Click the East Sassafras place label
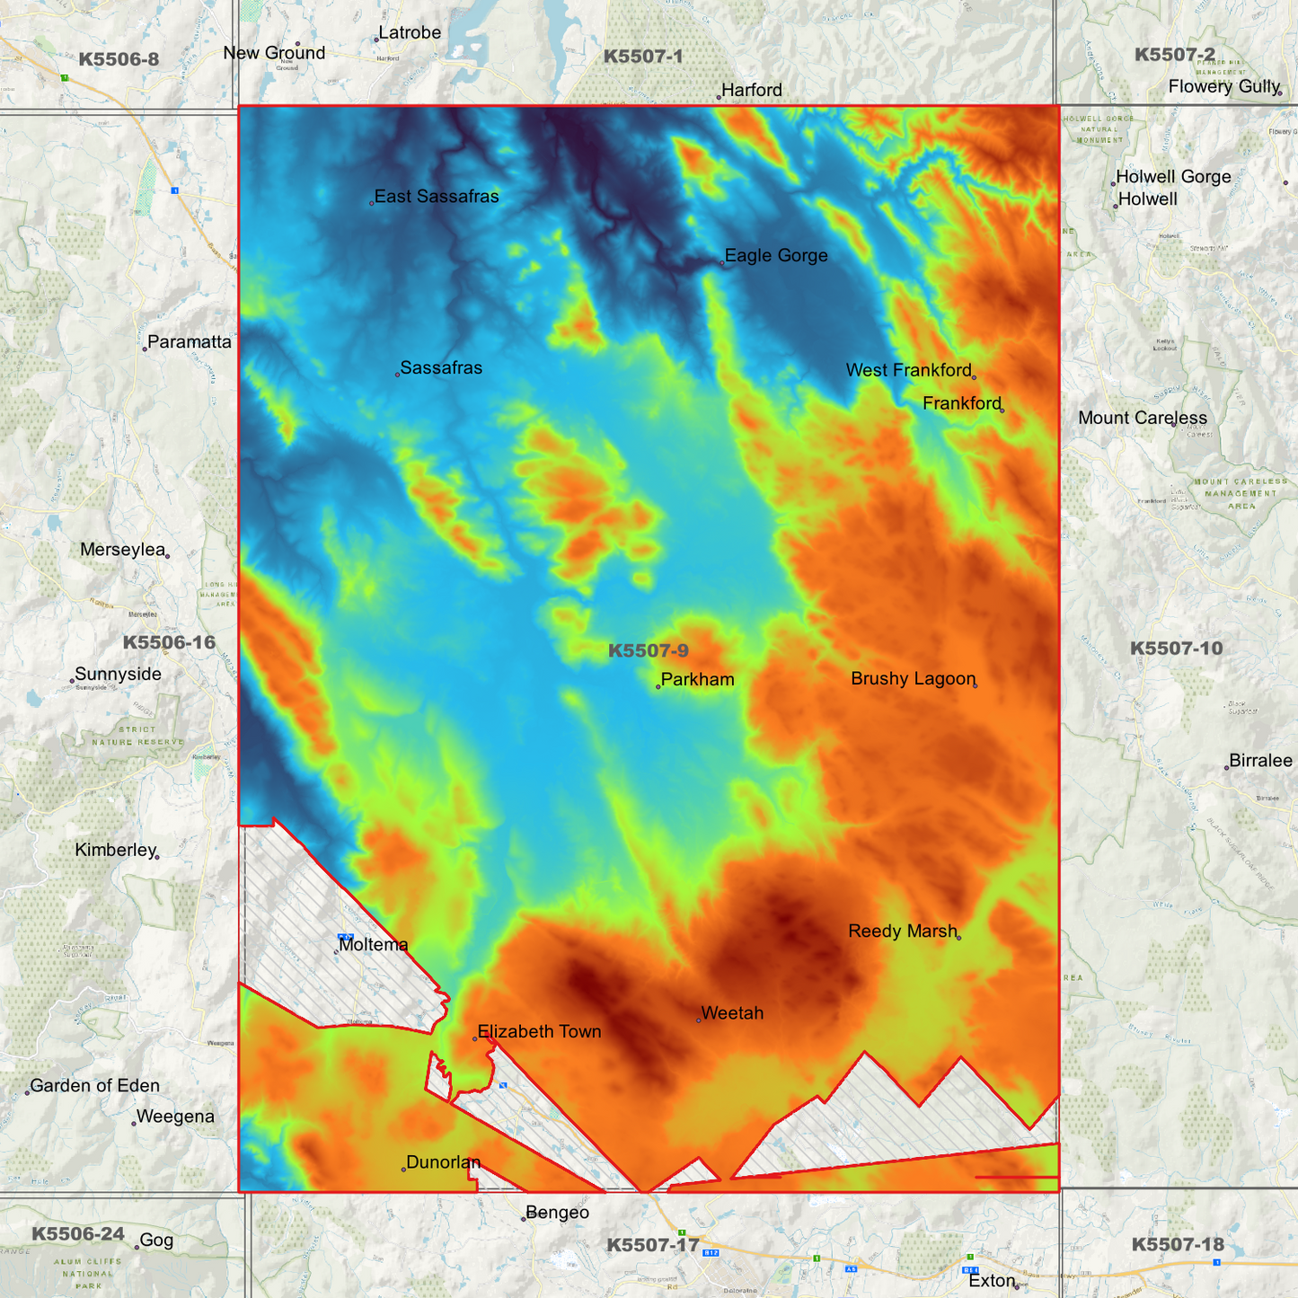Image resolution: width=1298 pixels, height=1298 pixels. (437, 197)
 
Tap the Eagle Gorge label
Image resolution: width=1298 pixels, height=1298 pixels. (776, 256)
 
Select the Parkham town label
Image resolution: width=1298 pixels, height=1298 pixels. (698, 680)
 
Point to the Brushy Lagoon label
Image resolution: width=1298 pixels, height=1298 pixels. (913, 679)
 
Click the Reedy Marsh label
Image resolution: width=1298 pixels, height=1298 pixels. (903, 932)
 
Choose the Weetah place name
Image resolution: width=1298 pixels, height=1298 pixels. (732, 1013)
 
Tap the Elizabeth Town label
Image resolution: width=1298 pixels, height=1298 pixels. (539, 1032)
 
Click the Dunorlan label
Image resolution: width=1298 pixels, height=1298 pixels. (444, 1162)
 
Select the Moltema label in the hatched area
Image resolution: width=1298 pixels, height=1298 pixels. (374, 945)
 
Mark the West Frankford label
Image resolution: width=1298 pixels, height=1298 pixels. (909, 370)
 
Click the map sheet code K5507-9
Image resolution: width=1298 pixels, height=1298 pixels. (649, 651)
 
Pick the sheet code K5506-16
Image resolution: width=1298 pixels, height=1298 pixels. (169, 642)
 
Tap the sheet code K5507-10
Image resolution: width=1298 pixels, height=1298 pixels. (1176, 649)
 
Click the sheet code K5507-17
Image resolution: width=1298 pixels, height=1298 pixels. (652, 1245)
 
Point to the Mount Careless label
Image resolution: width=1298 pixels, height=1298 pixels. (1143, 418)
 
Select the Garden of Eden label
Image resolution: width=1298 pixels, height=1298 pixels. (95, 1086)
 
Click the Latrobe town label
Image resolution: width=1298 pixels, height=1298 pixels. (410, 33)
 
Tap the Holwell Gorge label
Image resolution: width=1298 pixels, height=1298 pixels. (1173, 177)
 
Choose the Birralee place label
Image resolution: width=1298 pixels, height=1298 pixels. (1260, 761)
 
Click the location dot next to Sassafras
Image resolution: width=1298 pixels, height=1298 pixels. (397, 375)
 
